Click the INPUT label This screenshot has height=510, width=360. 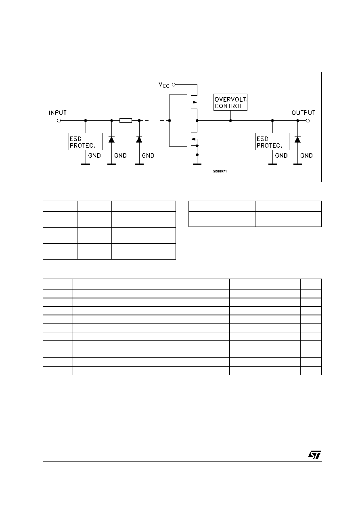click(58, 113)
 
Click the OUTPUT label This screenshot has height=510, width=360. click(303, 113)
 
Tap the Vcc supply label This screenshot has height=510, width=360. click(164, 85)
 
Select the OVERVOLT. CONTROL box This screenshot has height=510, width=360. click(230, 102)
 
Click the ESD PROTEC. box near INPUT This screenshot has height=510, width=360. click(86, 142)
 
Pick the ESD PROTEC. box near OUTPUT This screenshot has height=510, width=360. click(272, 142)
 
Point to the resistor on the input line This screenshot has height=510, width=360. click(126, 120)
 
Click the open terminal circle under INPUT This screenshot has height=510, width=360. click(59, 121)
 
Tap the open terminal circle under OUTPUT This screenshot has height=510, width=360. click(308, 121)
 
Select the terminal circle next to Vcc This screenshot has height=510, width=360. click(174, 85)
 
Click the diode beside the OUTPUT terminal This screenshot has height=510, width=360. click(297, 140)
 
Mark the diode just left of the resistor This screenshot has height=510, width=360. click(111, 140)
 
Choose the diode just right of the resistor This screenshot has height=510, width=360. click(139, 140)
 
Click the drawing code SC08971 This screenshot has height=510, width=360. click(220, 171)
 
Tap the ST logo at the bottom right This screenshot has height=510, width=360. click(315, 455)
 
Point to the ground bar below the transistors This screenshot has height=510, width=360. click(197, 164)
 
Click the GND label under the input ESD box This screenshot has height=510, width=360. click(94, 155)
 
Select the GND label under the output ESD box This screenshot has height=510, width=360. click(281, 155)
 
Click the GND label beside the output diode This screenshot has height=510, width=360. click(306, 155)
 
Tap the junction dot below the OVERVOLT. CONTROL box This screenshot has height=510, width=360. click(230, 120)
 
